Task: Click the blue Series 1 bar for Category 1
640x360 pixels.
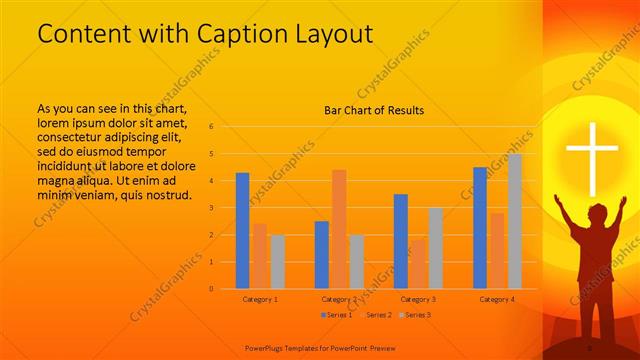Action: (242, 230)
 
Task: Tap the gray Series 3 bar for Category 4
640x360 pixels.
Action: (514, 221)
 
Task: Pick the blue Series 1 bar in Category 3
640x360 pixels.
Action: (400, 241)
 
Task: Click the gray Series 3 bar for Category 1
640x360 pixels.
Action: (277, 261)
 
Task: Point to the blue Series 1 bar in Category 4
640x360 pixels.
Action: (480, 227)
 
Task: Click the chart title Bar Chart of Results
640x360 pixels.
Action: (374, 110)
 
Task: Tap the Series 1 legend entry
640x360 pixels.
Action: (335, 315)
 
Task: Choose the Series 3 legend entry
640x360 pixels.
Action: (415, 315)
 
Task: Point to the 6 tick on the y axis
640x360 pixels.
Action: (211, 127)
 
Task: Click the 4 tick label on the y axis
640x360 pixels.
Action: (211, 181)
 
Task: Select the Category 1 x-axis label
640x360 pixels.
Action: (260, 299)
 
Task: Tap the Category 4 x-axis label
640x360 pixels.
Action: (497, 299)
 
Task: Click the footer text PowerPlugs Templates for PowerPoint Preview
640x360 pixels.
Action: (328, 347)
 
